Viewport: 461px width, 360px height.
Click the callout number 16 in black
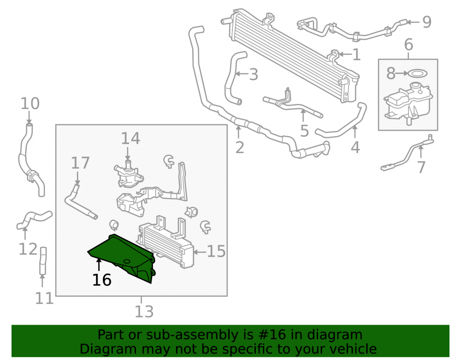(x=102, y=280)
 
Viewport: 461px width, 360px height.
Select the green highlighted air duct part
(x=124, y=256)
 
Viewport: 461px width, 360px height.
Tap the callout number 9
(x=426, y=22)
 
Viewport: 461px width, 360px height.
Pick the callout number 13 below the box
(x=144, y=312)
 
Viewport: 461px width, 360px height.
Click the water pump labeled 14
(x=129, y=175)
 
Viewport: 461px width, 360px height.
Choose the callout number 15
(x=216, y=252)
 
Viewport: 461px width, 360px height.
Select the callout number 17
(x=80, y=163)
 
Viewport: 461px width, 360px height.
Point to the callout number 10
(x=30, y=103)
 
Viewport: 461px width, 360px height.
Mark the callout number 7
(x=421, y=167)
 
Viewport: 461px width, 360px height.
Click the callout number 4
(x=355, y=147)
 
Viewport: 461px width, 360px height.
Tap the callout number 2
(x=240, y=148)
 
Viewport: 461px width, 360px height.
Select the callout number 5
(x=304, y=131)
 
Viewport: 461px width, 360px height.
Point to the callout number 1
(x=357, y=55)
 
